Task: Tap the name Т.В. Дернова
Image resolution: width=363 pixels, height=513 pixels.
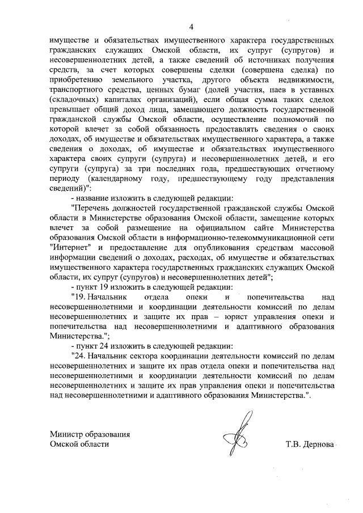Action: pos(310,444)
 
